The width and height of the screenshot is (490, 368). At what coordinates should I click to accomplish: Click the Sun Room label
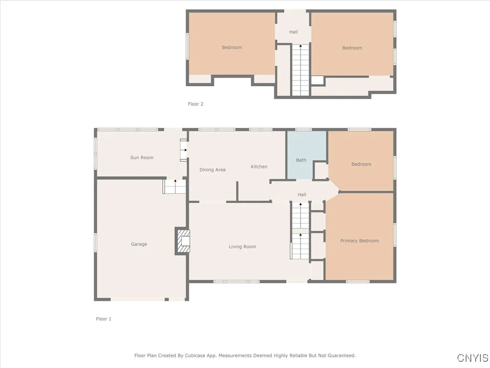pyautogui.click(x=142, y=158)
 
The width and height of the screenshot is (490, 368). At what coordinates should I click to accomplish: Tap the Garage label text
pyautogui.click(x=139, y=244)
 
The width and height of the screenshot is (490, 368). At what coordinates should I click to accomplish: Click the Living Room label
pyautogui.click(x=242, y=247)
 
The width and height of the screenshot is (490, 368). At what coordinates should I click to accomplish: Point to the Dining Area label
pyautogui.click(x=212, y=170)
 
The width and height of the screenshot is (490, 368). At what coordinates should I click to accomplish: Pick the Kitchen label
pyautogui.click(x=259, y=167)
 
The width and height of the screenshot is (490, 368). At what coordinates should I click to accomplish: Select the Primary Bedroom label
pyautogui.click(x=359, y=241)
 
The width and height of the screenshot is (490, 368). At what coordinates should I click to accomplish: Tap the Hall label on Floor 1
pyautogui.click(x=302, y=195)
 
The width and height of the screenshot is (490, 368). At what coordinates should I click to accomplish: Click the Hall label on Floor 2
pyautogui.click(x=293, y=32)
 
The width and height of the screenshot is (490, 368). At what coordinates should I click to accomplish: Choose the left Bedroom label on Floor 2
pyautogui.click(x=232, y=47)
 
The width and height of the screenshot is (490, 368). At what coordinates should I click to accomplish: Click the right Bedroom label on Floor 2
pyautogui.click(x=352, y=48)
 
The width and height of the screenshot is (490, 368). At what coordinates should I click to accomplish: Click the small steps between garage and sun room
pyautogui.click(x=175, y=186)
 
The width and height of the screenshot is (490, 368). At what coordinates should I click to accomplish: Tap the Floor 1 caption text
pyautogui.click(x=103, y=319)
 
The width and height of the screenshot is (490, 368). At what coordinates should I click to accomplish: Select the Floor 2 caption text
pyautogui.click(x=195, y=104)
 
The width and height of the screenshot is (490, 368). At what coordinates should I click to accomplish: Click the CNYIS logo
pyautogui.click(x=472, y=358)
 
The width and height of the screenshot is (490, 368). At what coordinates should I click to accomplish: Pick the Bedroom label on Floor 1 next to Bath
pyautogui.click(x=361, y=164)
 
